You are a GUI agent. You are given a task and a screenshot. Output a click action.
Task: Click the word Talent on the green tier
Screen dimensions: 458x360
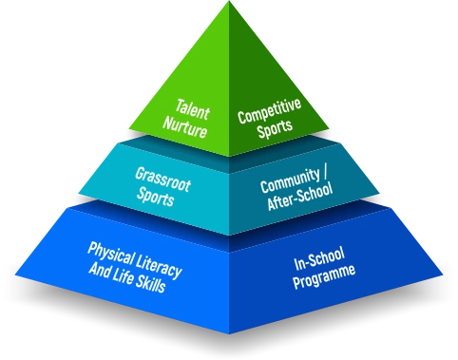point(193,109)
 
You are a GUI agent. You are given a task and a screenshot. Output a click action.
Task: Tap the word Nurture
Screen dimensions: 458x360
point(185,127)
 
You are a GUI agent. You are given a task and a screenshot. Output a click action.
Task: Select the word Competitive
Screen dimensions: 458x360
point(269,111)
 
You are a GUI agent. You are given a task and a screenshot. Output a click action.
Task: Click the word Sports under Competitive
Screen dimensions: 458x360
point(275,128)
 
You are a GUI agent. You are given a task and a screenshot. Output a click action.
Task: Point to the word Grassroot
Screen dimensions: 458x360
point(162,180)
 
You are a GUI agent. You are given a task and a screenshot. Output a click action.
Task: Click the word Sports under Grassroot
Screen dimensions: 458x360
point(155,197)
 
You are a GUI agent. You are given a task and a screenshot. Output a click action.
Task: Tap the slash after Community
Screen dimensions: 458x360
point(326,174)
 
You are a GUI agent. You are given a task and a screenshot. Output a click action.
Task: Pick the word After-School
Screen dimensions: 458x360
point(299,197)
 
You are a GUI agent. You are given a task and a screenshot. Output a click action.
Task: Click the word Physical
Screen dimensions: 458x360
point(110,254)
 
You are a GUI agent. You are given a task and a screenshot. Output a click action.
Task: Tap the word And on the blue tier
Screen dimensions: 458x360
point(100,270)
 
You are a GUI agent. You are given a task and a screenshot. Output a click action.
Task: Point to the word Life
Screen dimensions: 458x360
point(123,277)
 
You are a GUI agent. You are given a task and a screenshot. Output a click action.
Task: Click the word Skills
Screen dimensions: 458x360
point(151,284)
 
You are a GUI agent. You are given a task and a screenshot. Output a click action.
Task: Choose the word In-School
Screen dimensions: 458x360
point(319,259)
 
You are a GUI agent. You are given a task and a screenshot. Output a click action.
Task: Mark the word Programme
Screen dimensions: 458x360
point(324,277)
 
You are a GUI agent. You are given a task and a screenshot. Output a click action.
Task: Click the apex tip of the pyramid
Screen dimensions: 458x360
point(229,1)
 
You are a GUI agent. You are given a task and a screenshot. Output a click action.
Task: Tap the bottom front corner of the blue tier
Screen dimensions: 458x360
point(229,333)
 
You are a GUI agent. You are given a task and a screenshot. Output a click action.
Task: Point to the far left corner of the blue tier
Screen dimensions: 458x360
point(15,275)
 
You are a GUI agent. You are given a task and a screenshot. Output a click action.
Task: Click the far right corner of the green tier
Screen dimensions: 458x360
point(329,129)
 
